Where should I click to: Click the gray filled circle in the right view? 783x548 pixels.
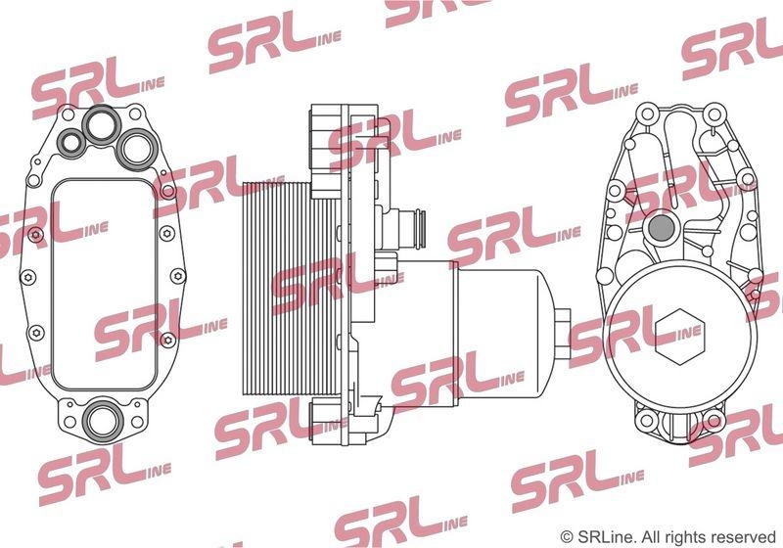[662, 228]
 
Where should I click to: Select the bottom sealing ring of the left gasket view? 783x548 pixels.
[103, 420]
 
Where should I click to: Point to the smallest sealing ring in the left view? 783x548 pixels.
[71, 143]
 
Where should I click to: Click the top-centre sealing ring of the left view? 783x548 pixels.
[102, 124]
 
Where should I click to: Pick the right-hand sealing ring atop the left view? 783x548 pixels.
[137, 148]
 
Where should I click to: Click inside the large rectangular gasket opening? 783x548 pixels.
[105, 284]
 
